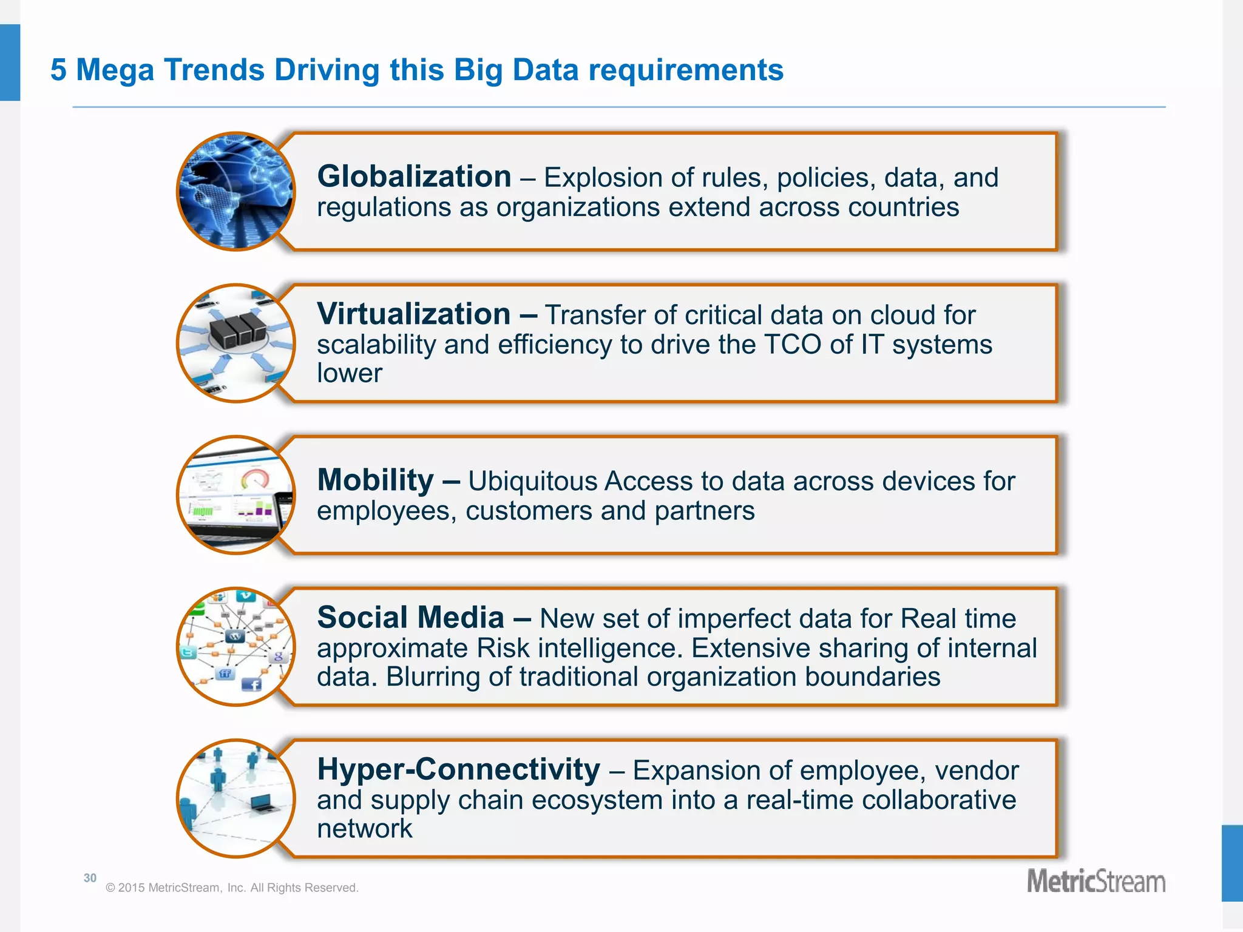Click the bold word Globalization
pos(414,177)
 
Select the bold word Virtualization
pos(414,314)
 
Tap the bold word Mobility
pos(376,480)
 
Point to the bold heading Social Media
pos(411,618)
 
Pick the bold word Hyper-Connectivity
pos(459,769)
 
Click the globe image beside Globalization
pos(235,191)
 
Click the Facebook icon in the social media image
pos(251,684)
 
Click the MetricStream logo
pos(1096,882)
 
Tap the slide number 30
pos(90,878)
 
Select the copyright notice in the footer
pos(232,888)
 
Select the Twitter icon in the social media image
pos(188,652)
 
